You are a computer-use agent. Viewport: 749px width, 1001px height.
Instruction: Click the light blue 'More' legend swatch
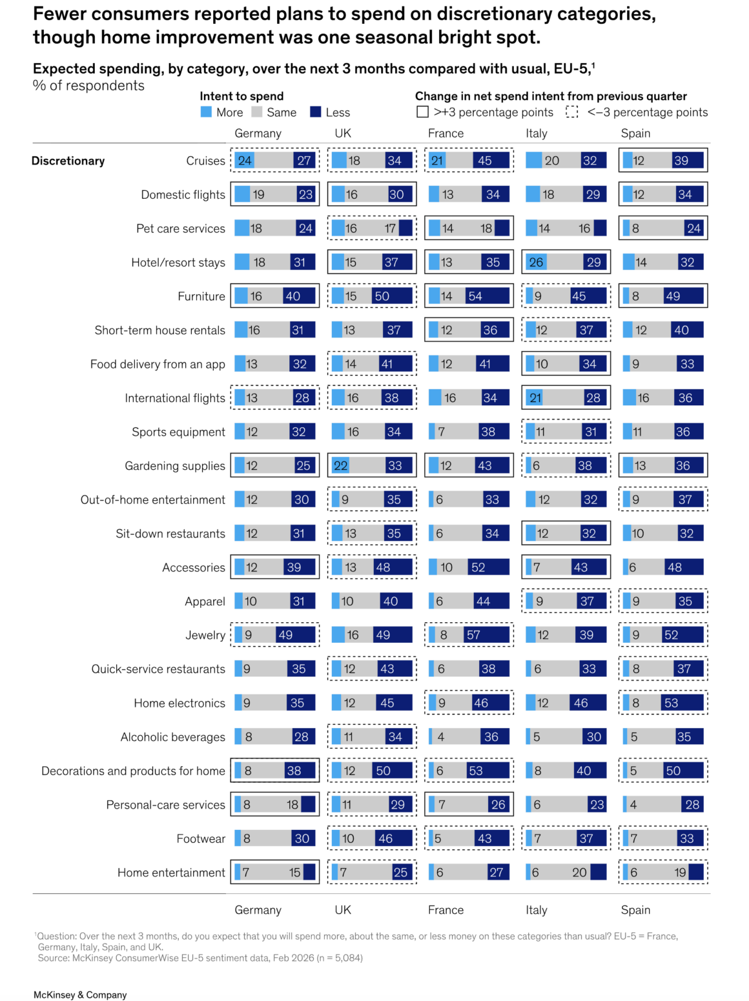coord(207,112)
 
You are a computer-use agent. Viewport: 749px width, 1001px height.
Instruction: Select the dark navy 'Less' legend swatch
coord(316,112)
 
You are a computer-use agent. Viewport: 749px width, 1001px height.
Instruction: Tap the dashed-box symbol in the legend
coord(572,112)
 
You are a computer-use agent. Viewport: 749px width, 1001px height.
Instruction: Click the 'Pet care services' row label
coord(181,228)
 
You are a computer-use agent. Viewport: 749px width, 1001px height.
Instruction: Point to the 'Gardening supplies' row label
coord(175,466)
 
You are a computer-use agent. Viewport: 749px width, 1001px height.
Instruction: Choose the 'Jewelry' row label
coord(205,635)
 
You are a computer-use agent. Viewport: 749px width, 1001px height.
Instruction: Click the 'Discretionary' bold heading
coord(68,161)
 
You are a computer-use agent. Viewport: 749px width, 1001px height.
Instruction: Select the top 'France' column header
coord(446,133)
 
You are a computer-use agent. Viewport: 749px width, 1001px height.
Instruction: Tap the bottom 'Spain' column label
coord(635,909)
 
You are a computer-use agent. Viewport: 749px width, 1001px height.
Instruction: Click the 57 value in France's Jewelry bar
coord(473,635)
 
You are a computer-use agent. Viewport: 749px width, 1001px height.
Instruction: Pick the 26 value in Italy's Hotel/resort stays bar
coord(536,262)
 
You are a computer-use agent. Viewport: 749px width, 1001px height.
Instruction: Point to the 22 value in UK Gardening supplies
coord(340,466)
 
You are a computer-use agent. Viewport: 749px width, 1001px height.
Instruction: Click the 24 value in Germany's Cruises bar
coord(245,161)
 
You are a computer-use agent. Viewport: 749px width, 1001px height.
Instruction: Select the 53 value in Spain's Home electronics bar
coord(672,703)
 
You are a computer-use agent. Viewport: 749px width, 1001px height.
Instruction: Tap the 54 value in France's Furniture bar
coord(475,296)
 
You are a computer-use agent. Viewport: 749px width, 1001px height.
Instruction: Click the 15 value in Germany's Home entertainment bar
coord(294,873)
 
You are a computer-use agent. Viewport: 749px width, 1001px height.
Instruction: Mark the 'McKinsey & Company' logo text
coord(80,995)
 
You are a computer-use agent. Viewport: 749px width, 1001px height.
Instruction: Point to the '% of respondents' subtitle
coord(88,86)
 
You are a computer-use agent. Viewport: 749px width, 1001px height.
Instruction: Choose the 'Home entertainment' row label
coord(171,873)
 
